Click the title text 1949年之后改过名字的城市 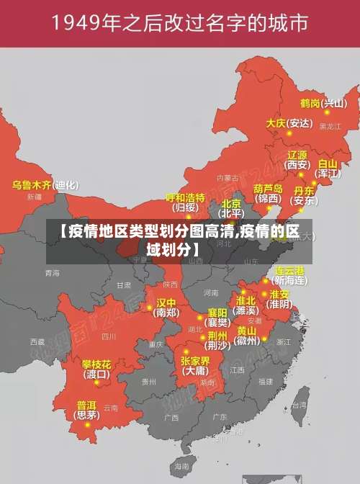pos(179,23)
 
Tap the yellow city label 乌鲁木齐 pos(32,185)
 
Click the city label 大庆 pos(276,123)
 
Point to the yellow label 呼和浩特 pos(185,197)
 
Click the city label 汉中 pos(166,302)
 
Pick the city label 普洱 pos(86,405)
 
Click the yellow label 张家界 pos(194,360)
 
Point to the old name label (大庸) pos(194,371)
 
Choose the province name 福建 pos(266,381)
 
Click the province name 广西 pos(171,417)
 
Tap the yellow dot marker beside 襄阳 pos(201,317)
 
